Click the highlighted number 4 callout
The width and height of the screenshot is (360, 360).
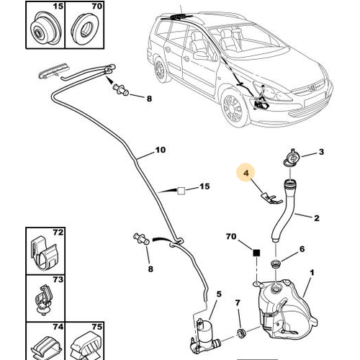[246, 173]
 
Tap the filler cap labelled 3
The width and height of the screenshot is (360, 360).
[291, 158]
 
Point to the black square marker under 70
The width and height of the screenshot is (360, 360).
[256, 253]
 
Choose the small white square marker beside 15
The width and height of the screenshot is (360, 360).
[181, 191]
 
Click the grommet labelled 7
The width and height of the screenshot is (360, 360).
[240, 333]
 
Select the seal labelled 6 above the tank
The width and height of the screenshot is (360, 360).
[275, 264]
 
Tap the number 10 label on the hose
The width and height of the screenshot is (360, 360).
[161, 150]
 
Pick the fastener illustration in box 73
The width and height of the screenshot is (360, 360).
[44, 300]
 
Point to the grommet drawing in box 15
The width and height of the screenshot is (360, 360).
[45, 28]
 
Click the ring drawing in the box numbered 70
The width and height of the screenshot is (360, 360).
[85, 28]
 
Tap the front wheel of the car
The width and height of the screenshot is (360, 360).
[233, 109]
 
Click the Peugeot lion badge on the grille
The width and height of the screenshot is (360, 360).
[312, 88]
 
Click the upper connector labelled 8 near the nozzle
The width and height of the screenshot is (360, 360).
[120, 89]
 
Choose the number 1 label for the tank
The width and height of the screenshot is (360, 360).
[312, 272]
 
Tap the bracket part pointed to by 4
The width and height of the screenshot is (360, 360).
[271, 198]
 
